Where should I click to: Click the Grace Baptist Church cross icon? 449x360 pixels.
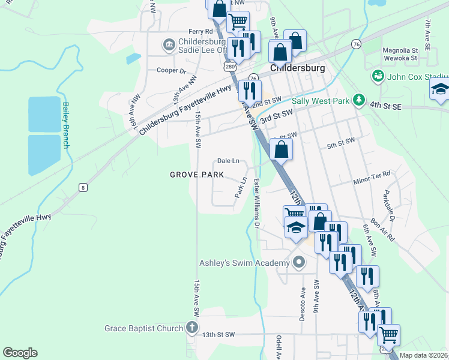click(191, 328)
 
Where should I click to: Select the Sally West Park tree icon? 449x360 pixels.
click(359, 100)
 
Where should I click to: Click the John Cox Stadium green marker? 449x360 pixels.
click(378, 76)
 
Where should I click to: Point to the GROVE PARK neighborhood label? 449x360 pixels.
click(197, 175)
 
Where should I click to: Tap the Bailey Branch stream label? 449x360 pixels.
click(65, 125)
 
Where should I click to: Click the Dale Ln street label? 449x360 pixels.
click(228, 161)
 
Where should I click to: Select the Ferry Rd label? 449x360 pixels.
click(200, 31)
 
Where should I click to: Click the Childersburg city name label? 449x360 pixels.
click(298, 68)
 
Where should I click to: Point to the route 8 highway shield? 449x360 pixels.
click(82, 188)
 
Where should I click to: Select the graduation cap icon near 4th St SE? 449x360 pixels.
click(440, 89)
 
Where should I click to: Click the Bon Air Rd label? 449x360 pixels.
click(382, 229)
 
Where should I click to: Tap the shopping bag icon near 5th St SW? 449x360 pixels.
click(281, 150)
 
